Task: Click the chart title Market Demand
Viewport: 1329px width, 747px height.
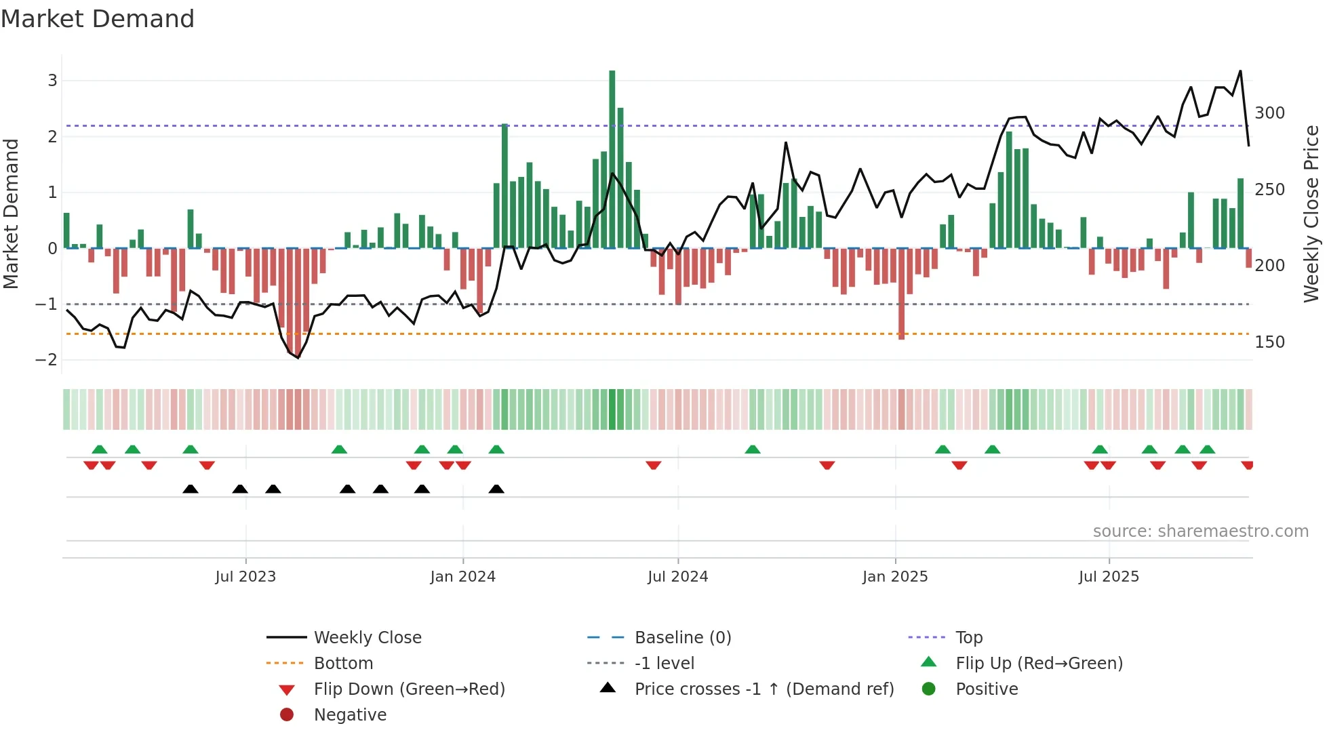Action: click(x=98, y=19)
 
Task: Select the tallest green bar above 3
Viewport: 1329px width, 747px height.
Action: click(x=612, y=159)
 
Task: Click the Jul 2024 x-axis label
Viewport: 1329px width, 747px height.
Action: click(x=677, y=577)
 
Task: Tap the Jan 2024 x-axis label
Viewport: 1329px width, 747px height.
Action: click(x=462, y=577)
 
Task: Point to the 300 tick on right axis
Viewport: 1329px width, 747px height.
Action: click(x=1269, y=113)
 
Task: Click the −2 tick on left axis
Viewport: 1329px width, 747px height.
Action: click(x=46, y=360)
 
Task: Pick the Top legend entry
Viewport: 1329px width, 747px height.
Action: click(x=968, y=638)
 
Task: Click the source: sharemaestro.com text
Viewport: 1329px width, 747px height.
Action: click(x=1200, y=531)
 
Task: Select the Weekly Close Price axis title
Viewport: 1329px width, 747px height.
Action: click(x=1311, y=214)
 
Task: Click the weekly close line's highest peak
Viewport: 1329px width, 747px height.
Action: click(x=1240, y=71)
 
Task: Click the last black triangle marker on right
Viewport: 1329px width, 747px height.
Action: click(x=496, y=489)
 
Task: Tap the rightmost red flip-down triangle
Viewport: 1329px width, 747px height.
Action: click(x=1248, y=466)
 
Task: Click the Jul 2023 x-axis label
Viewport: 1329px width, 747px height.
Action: click(x=245, y=577)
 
